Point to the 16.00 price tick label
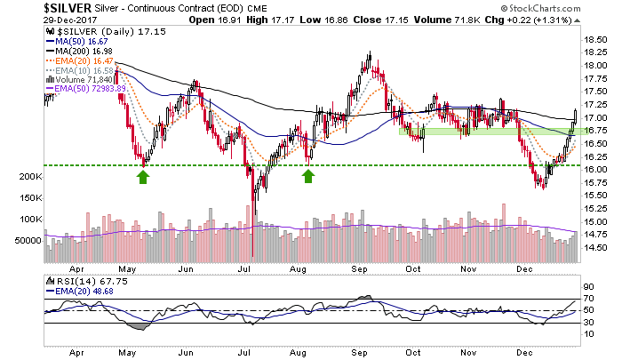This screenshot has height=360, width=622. click(x=594, y=170)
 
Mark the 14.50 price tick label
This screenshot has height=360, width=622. click(x=594, y=248)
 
